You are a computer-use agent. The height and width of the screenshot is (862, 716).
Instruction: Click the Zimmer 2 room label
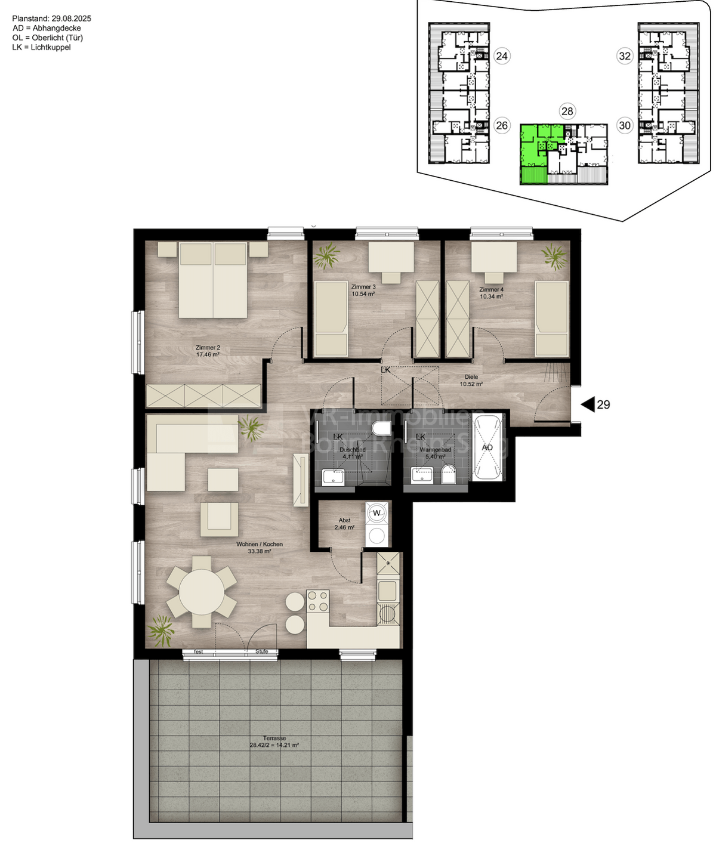pyautogui.click(x=208, y=347)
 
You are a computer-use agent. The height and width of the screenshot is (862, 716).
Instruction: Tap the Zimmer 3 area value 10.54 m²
pyautogui.click(x=363, y=294)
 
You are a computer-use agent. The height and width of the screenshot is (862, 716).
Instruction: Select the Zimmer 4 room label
pyautogui.click(x=491, y=289)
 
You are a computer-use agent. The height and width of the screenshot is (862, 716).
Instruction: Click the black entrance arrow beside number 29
pyautogui.click(x=588, y=404)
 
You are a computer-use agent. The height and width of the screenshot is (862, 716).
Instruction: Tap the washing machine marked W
pyautogui.click(x=376, y=512)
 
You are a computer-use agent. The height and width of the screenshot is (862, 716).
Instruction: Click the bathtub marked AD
pyautogui.click(x=487, y=447)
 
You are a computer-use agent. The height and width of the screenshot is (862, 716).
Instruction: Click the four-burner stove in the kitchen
pyautogui.click(x=317, y=601)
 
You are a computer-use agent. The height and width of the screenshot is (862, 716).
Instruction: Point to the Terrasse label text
pyautogui.click(x=274, y=738)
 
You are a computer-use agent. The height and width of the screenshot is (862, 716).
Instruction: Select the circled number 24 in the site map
pyautogui.click(x=502, y=56)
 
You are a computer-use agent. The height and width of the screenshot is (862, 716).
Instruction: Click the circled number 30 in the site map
pyautogui.click(x=625, y=125)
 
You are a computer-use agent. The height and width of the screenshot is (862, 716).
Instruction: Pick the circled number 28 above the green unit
pyautogui.click(x=567, y=111)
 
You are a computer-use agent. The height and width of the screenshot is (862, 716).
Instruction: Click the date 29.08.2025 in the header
pyautogui.click(x=70, y=18)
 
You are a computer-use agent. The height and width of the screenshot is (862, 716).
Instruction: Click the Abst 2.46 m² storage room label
pyautogui.click(x=344, y=524)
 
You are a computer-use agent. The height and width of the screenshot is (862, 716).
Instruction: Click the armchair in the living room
pyautogui.click(x=219, y=518)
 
